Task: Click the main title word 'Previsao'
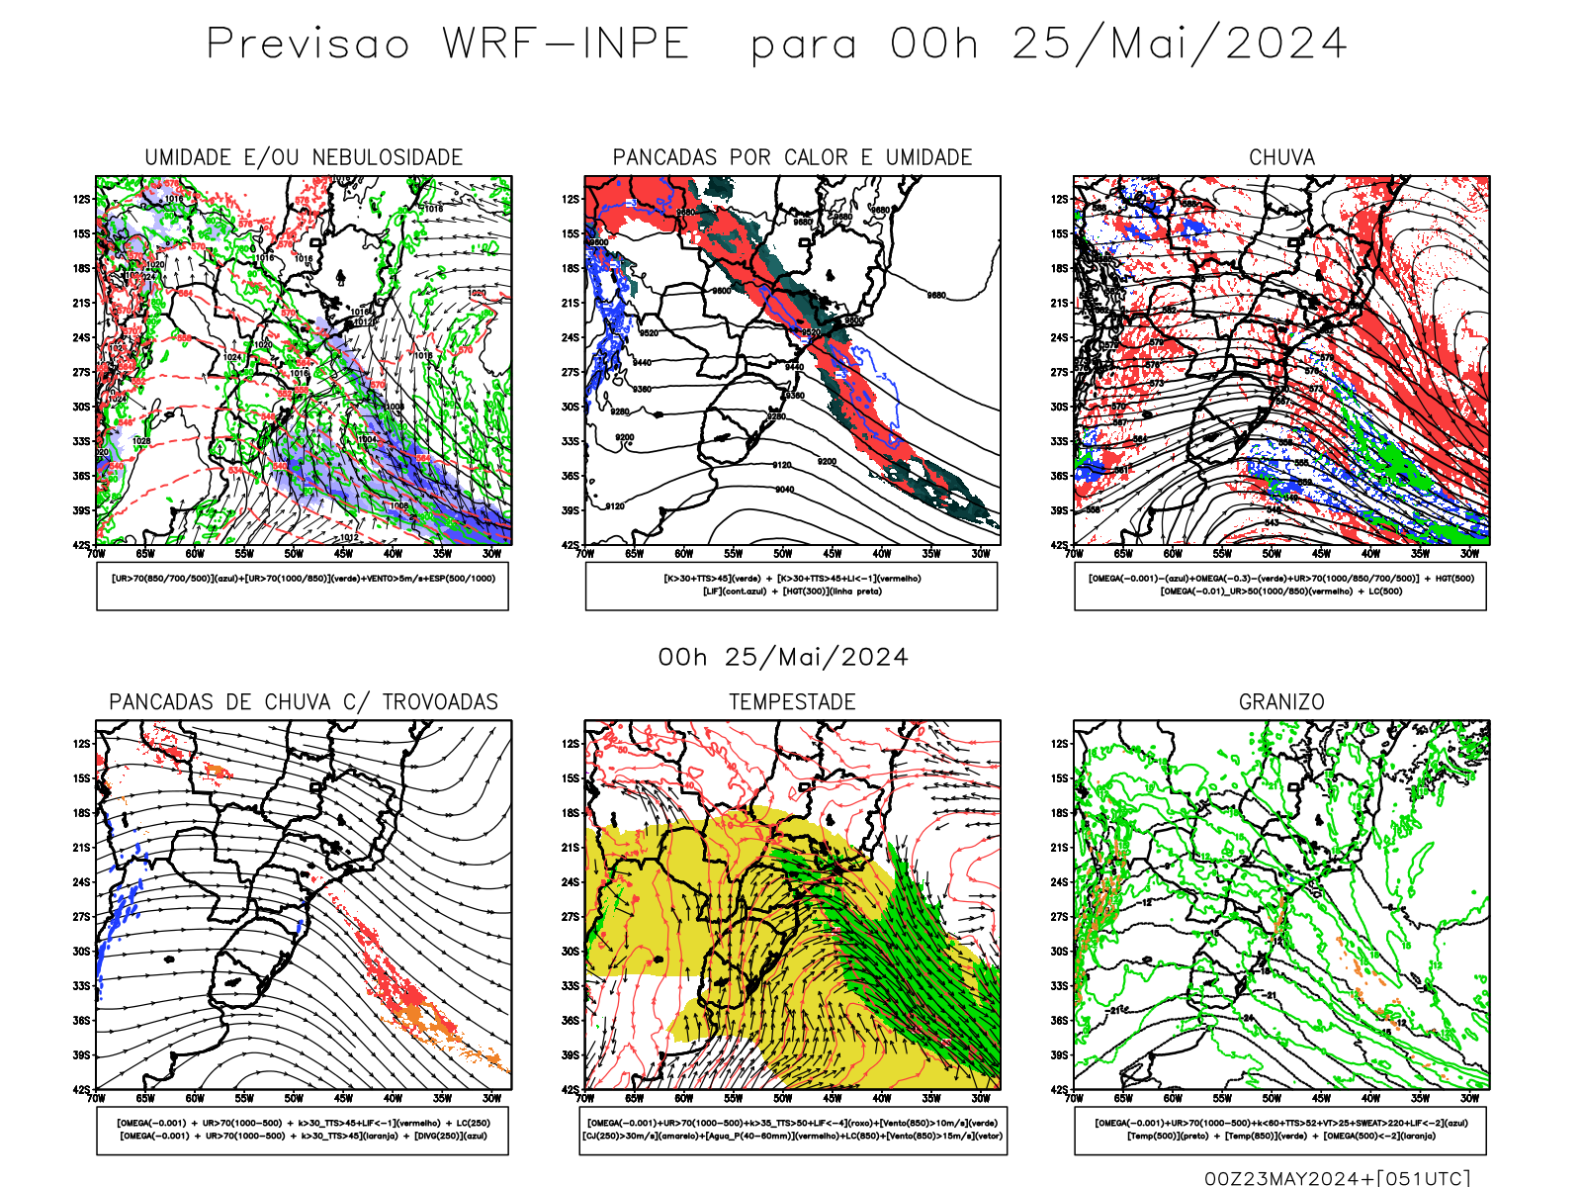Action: (308, 45)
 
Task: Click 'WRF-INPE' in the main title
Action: (566, 45)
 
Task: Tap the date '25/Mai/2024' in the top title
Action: (1180, 45)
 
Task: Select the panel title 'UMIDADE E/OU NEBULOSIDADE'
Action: (304, 157)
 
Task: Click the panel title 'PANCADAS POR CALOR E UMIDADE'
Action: (792, 157)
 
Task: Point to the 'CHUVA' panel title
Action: (1281, 157)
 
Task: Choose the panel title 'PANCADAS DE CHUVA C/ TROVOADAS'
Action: (304, 702)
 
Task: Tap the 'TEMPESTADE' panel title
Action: (792, 702)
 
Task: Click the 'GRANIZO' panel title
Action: (1281, 702)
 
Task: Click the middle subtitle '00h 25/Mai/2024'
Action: (783, 658)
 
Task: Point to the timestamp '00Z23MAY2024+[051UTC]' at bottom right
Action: (1337, 1178)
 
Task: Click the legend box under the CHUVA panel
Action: (1280, 586)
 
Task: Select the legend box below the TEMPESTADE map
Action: (792, 1130)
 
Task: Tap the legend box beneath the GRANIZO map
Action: (1280, 1130)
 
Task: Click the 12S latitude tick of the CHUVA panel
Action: (1060, 200)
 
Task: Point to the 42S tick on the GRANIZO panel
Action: (1060, 1090)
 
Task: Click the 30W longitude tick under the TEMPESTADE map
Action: (980, 1098)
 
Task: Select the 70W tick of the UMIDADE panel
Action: (96, 554)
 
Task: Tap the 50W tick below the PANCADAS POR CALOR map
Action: (782, 554)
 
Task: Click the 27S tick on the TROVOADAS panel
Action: (81, 917)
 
